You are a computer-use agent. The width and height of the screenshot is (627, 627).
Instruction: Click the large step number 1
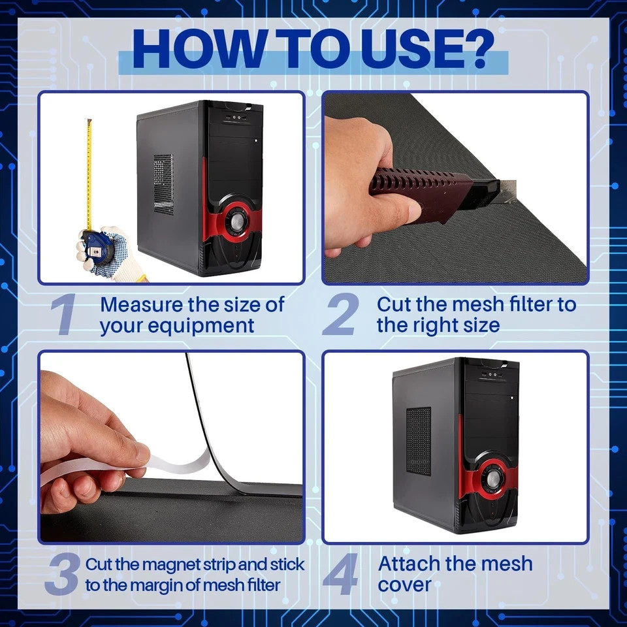point(64,314)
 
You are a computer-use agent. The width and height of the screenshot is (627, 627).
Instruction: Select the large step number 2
point(341,314)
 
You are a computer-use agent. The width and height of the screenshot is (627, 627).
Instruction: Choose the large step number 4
point(340,574)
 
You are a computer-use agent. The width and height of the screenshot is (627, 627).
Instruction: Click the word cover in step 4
point(404,585)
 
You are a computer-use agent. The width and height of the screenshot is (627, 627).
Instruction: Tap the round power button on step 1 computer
point(235,220)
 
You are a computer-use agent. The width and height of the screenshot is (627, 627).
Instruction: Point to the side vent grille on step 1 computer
point(163,184)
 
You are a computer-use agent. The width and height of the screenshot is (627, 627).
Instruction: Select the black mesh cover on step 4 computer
point(419,442)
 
